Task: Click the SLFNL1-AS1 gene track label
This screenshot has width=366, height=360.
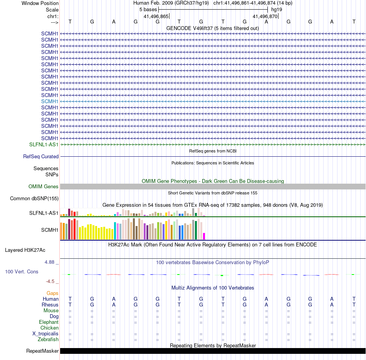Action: coord(44,144)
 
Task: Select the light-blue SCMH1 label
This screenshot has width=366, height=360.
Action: coord(50,101)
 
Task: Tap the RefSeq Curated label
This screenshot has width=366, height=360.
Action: coord(41,157)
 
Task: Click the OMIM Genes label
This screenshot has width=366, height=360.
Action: coord(44,187)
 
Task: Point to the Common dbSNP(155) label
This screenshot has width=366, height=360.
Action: coord(34,199)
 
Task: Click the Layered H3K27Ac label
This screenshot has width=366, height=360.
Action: coord(25,250)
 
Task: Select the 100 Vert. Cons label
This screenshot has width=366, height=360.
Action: coord(22,272)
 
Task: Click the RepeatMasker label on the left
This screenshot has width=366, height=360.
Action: coord(42,351)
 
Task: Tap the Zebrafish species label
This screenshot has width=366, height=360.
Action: coord(48,340)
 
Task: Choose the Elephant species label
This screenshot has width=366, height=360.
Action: coord(49,322)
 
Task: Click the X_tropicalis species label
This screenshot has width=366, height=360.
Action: coord(45,334)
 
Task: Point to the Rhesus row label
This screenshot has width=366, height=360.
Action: coord(50,305)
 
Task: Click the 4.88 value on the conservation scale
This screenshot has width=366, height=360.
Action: coord(51,262)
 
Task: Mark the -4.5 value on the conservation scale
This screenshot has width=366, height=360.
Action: coord(52,281)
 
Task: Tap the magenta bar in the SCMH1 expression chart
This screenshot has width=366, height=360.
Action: coord(204,236)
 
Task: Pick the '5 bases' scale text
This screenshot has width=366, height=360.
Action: coord(148,9)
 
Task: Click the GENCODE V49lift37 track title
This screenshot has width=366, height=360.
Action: coord(213,28)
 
